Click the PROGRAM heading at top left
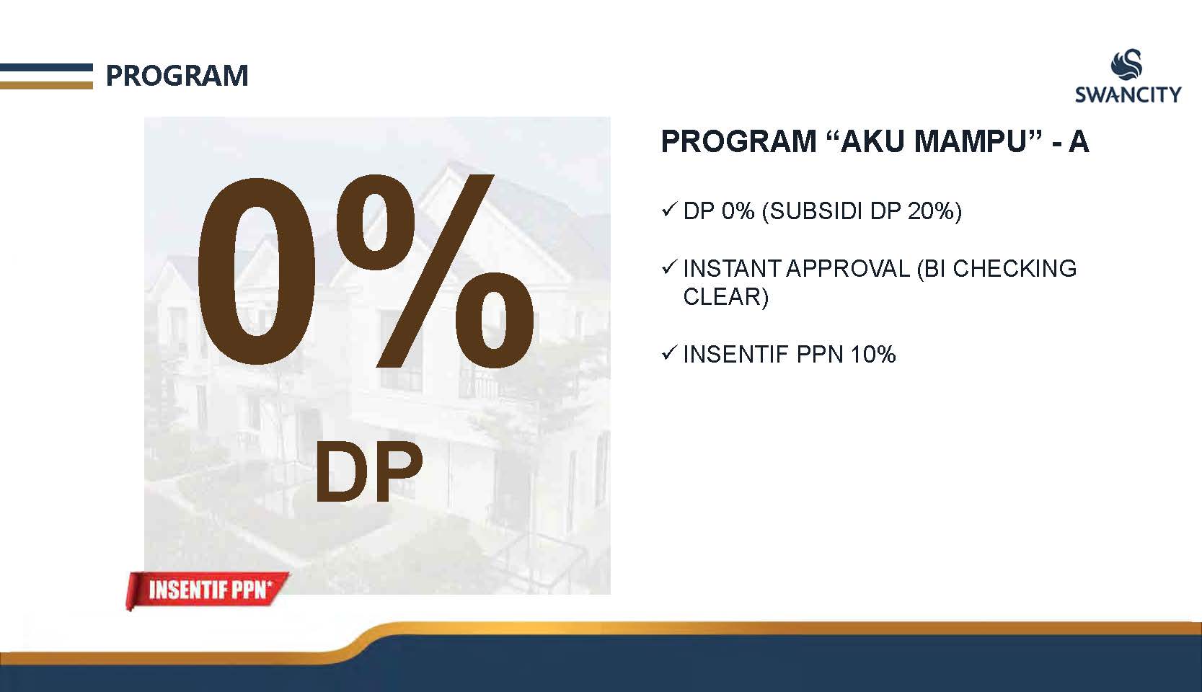coord(177,76)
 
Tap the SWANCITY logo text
coord(1128,95)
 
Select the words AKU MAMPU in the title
coord(932,141)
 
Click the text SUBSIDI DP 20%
coord(862,211)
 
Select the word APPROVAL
coord(849,269)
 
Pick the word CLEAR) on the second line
coord(725,297)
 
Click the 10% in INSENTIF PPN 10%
coord(873,355)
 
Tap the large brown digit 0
coord(257,272)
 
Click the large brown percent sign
coord(435,272)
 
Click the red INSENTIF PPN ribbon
coord(207,590)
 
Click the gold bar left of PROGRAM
coord(46,85)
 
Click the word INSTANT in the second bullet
coord(732,269)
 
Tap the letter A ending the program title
coord(1078,141)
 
